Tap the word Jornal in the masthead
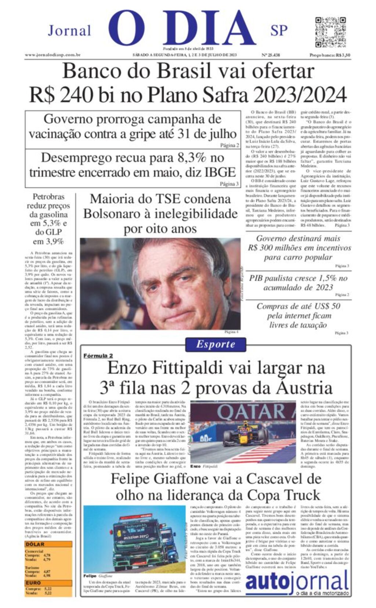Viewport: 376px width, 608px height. click(69, 31)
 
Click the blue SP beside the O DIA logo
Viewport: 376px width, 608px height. click(279, 30)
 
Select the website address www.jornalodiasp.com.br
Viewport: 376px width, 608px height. click(53, 55)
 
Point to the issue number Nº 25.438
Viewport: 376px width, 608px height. click(271, 55)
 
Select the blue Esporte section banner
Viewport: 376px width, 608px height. click(215, 344)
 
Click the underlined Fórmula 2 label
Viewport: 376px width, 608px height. click(98, 355)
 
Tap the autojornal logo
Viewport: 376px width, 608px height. click(297, 582)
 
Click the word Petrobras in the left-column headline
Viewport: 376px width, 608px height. click(48, 197)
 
